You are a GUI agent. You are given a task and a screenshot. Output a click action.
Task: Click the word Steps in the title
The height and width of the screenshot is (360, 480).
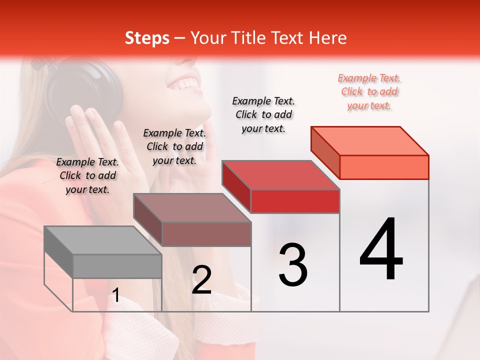pyautogui.click(x=147, y=38)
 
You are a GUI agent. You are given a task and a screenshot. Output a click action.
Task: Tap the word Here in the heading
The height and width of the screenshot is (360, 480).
pyautogui.click(x=326, y=38)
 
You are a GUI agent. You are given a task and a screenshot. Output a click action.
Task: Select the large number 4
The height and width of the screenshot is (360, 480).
pyautogui.click(x=381, y=250)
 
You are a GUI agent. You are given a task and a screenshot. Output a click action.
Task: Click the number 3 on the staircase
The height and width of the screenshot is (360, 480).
pyautogui.click(x=293, y=265)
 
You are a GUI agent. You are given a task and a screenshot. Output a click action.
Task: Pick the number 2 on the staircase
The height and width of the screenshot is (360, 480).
pyautogui.click(x=201, y=280)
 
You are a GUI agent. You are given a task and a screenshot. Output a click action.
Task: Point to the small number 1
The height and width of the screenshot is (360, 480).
pyautogui.click(x=116, y=295)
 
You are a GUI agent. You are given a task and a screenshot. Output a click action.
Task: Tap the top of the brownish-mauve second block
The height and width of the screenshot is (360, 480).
pyautogui.click(x=192, y=208)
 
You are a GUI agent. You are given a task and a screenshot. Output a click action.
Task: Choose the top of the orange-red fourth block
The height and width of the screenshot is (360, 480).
pyautogui.click(x=370, y=141)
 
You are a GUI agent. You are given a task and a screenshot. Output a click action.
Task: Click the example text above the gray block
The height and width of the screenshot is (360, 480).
pyautogui.click(x=87, y=175)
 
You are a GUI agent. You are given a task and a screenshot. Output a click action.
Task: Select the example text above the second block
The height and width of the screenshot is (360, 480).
pyautogui.click(x=174, y=146)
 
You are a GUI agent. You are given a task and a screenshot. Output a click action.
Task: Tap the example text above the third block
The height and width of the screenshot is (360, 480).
pyautogui.click(x=263, y=114)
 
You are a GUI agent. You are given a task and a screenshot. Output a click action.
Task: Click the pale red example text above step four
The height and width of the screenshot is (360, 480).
pyautogui.click(x=369, y=91)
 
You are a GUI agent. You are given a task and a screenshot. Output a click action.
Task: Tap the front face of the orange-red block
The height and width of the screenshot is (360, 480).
pyautogui.click(x=384, y=167)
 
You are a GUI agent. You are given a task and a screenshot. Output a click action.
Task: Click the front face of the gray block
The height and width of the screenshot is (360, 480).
pyautogui.click(x=117, y=266)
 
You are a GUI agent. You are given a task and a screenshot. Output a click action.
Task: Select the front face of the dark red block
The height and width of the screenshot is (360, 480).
pyautogui.click(x=295, y=201)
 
